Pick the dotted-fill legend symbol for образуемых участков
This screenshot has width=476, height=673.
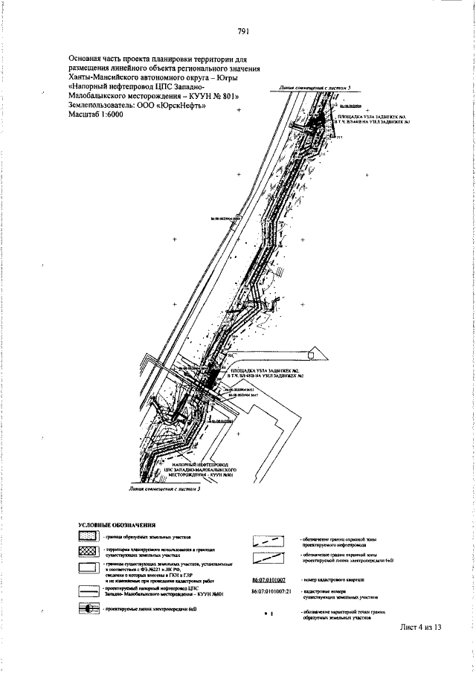[89, 535]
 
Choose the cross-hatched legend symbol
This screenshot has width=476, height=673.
[89, 551]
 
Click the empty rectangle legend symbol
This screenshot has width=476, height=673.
[89, 570]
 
